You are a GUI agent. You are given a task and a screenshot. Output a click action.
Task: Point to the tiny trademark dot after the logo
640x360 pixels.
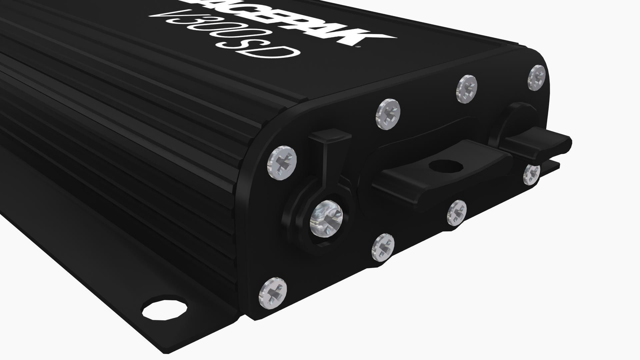pyautogui.click(x=357, y=47)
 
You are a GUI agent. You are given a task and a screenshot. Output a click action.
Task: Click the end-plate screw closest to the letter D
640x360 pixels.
pyautogui.click(x=388, y=114)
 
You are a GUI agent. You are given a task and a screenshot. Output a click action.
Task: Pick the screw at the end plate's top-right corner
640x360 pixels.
pyautogui.click(x=537, y=77)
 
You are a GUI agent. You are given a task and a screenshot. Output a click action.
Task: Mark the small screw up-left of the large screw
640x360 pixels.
pyautogui.click(x=282, y=162)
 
